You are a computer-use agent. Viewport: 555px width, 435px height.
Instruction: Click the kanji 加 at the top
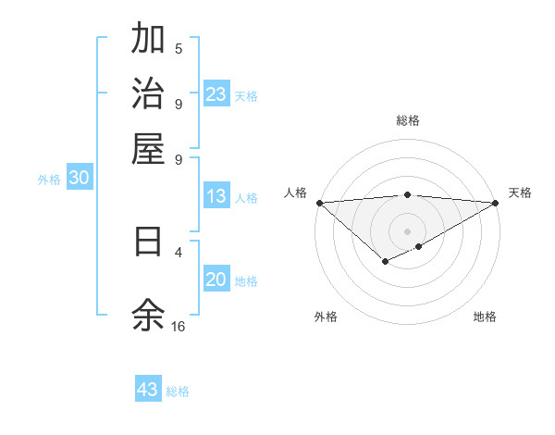(x=148, y=40)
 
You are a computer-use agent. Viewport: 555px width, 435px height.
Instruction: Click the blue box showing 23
(x=216, y=94)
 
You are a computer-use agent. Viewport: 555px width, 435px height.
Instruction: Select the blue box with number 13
(x=216, y=196)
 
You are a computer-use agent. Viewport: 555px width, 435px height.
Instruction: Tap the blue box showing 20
(x=216, y=280)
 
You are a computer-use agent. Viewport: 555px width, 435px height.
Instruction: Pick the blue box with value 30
(x=79, y=180)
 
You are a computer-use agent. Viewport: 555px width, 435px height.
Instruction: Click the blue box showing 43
(x=148, y=390)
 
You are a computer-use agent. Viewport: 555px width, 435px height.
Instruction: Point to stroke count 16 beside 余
(x=179, y=327)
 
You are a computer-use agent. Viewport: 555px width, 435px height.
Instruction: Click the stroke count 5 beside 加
(x=179, y=49)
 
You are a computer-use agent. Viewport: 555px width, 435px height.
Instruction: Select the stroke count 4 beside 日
(x=179, y=252)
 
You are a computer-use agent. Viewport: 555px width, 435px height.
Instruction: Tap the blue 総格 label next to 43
(x=179, y=391)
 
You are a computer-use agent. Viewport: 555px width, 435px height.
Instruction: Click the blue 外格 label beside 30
(x=49, y=180)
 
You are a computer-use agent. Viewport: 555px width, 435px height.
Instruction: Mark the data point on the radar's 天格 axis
(x=496, y=203)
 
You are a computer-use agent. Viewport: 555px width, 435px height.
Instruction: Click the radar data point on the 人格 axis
(x=319, y=203)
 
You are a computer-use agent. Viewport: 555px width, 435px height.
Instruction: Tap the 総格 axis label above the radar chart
(x=408, y=120)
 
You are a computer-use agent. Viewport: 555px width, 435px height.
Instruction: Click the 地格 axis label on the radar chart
(x=485, y=317)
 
